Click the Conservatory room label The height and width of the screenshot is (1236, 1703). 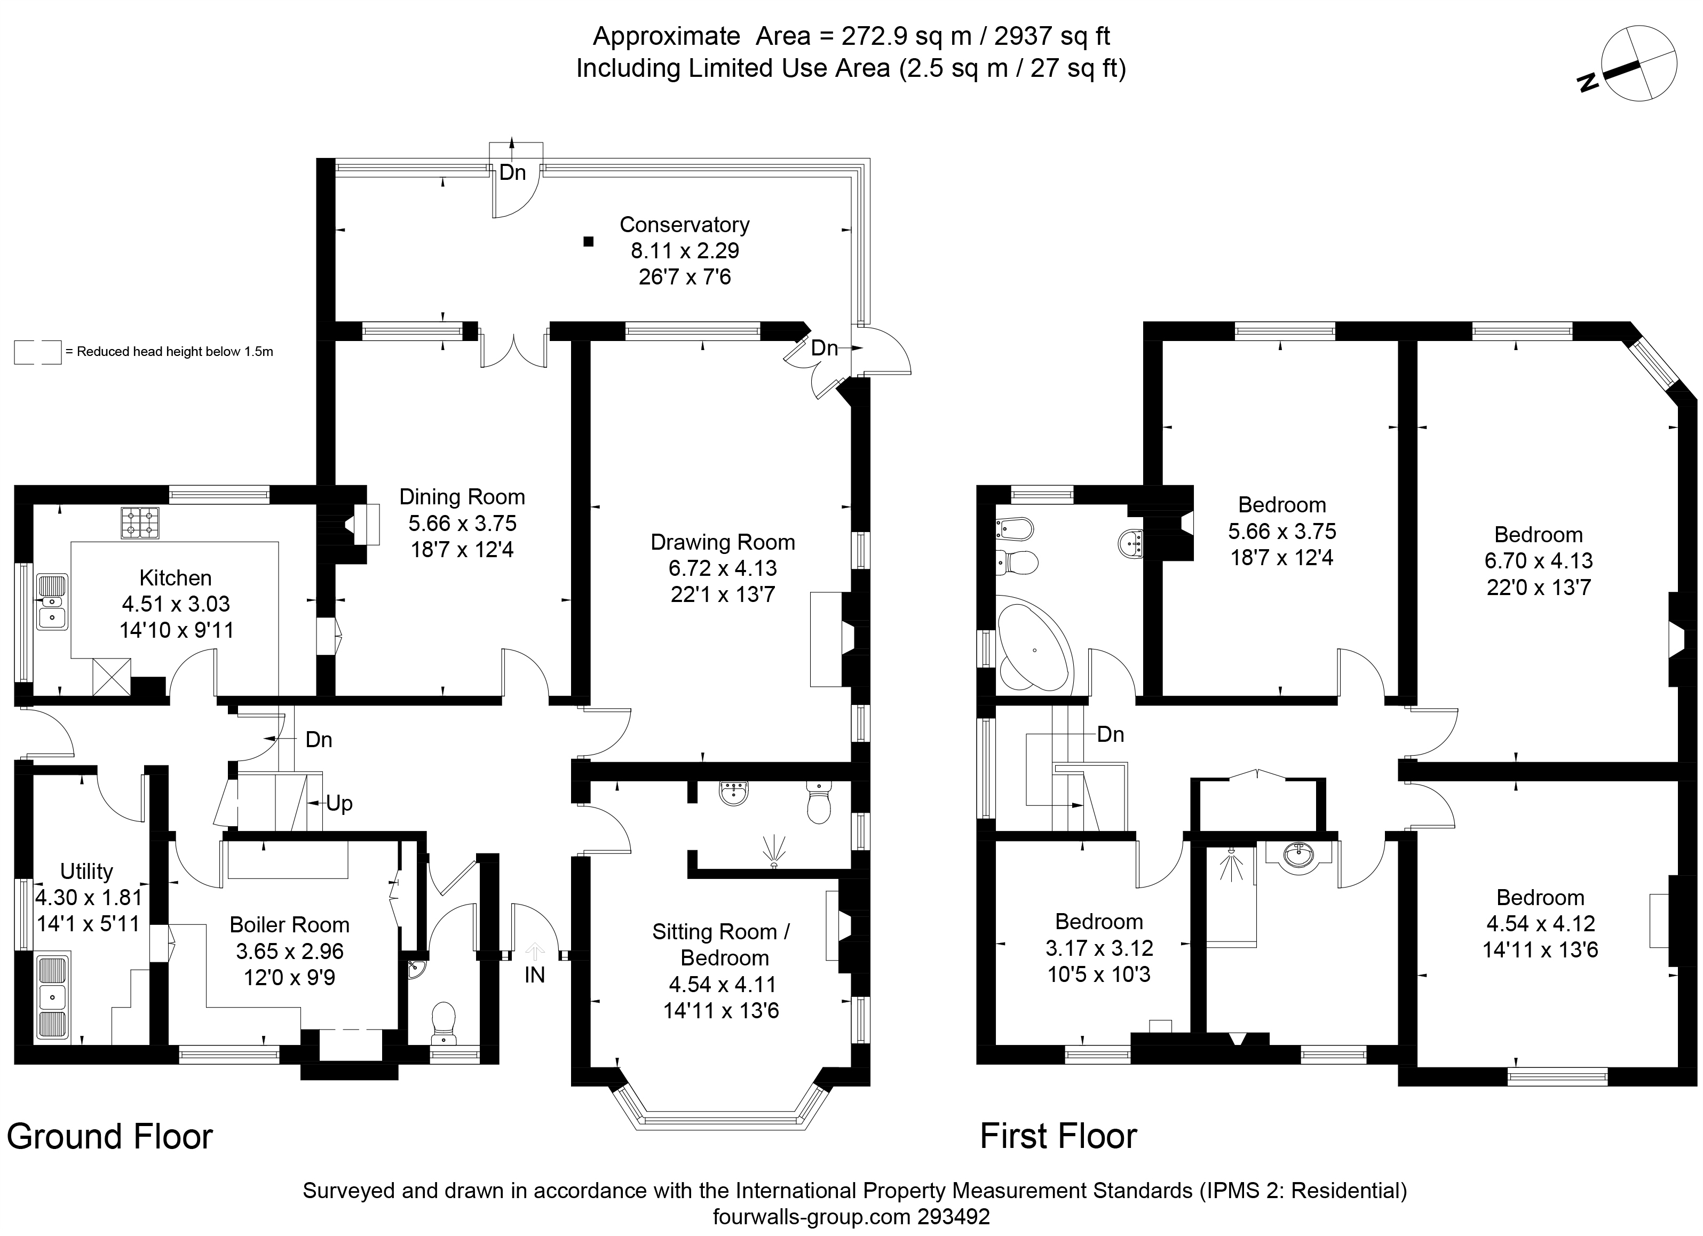pyautogui.click(x=684, y=225)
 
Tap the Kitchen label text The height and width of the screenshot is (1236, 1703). pyautogui.click(x=176, y=577)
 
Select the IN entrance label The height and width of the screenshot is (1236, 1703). pyautogui.click(x=535, y=974)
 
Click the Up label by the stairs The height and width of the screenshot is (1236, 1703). pyautogui.click(x=339, y=804)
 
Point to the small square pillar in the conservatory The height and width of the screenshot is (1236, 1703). pyautogui.click(x=589, y=242)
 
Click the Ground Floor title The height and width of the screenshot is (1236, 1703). pyautogui.click(x=109, y=1136)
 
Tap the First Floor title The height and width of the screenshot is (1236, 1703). pyautogui.click(x=1058, y=1136)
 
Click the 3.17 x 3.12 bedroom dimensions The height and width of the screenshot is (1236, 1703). pyautogui.click(x=1099, y=948)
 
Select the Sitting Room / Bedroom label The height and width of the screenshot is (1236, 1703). pyautogui.click(x=721, y=945)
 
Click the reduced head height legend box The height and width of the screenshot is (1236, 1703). pyautogui.click(x=37, y=352)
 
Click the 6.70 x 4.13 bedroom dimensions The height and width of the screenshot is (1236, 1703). pyautogui.click(x=1539, y=560)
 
